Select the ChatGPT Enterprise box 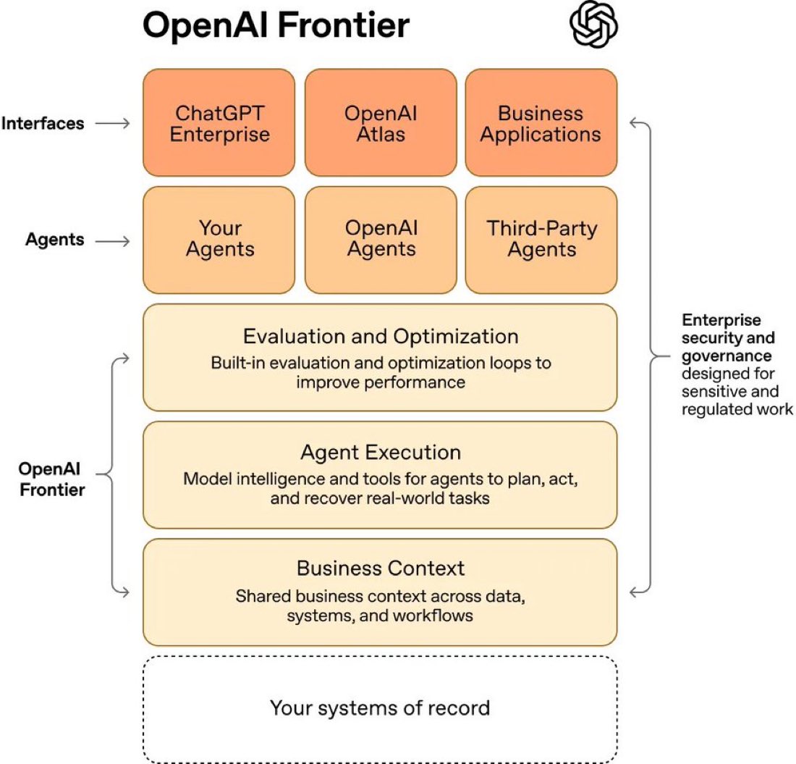pyautogui.click(x=219, y=123)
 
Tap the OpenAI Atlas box pyautogui.click(x=381, y=123)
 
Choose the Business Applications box pyautogui.click(x=541, y=123)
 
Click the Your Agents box pyautogui.click(x=219, y=239)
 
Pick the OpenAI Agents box pyautogui.click(x=381, y=239)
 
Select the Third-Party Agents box pyautogui.click(x=541, y=239)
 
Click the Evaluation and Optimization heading pyautogui.click(x=381, y=337)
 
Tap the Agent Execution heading pyautogui.click(x=381, y=453)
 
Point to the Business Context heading pyautogui.click(x=381, y=568)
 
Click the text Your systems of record pyautogui.click(x=380, y=708)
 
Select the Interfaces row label pyautogui.click(x=43, y=123)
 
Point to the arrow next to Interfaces pyautogui.click(x=112, y=123)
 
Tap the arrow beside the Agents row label pyautogui.click(x=112, y=239)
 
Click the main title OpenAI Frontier pyautogui.click(x=276, y=27)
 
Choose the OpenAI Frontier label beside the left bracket pyautogui.click(x=52, y=479)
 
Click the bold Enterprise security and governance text pyautogui.click(x=728, y=337)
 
